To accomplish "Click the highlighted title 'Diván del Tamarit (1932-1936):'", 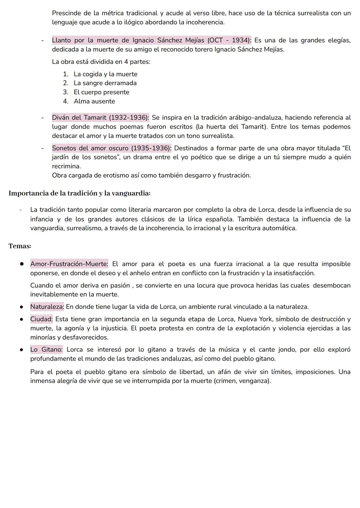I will (100, 118).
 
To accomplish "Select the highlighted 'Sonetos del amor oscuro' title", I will (112, 148).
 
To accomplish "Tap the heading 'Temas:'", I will (20, 246).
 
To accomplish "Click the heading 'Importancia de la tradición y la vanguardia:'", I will (79, 193).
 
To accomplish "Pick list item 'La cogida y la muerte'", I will (105, 74).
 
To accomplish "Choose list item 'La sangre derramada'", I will (105, 83).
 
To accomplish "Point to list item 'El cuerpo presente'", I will (101, 92).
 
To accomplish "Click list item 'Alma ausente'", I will (94, 101).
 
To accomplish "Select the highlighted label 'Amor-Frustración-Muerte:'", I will (69, 264).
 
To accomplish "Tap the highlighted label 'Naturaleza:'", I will (47, 306).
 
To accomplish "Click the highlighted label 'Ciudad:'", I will (41, 319).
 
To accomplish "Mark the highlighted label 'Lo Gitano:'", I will (46, 349).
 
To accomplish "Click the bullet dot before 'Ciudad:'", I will (21, 319).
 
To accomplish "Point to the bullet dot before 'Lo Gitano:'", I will (21, 350).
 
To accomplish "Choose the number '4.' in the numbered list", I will (66, 101).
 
